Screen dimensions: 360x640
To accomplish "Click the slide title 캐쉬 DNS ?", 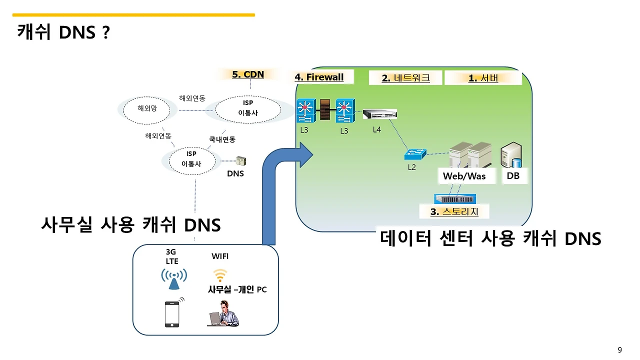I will [63, 33].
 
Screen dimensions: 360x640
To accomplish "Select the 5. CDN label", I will [247, 74].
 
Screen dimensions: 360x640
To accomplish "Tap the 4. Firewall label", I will [319, 77].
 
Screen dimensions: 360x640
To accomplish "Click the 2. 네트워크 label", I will [405, 78].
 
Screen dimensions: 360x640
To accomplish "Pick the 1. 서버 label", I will [483, 78].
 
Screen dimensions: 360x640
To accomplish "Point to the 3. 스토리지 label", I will [454, 211].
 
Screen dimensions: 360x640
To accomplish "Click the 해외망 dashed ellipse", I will [147, 108].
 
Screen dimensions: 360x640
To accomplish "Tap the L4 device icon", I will [379, 114].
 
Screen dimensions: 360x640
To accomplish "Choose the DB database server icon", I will [511, 155].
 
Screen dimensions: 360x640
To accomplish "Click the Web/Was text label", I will [464, 176].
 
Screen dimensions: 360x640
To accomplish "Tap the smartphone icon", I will [172, 314].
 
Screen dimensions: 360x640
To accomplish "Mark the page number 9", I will [620, 349].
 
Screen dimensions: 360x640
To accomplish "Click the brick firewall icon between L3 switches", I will [325, 109].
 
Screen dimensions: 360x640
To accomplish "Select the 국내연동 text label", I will [222, 139].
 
